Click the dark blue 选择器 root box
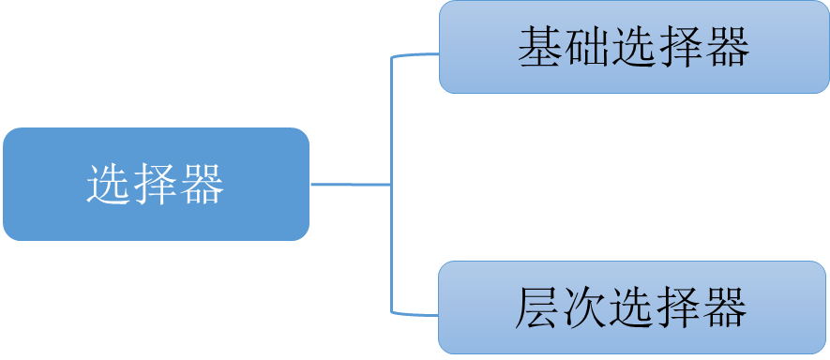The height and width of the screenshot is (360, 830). pos(156,185)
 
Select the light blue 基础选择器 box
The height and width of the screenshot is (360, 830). pos(633,47)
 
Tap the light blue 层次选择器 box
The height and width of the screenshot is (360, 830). pos(633,308)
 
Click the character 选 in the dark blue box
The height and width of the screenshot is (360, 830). pos(108,185)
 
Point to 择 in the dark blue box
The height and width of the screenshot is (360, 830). pos(156,185)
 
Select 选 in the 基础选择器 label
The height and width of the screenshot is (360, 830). pos(633,47)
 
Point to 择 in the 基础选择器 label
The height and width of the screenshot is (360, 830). pos(680,47)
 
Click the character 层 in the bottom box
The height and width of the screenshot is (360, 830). pos(537,308)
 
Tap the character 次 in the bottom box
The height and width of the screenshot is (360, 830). pos(584,308)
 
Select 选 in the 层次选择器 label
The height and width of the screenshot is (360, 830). pos(631,308)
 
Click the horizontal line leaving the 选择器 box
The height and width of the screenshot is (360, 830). pos(349,185)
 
